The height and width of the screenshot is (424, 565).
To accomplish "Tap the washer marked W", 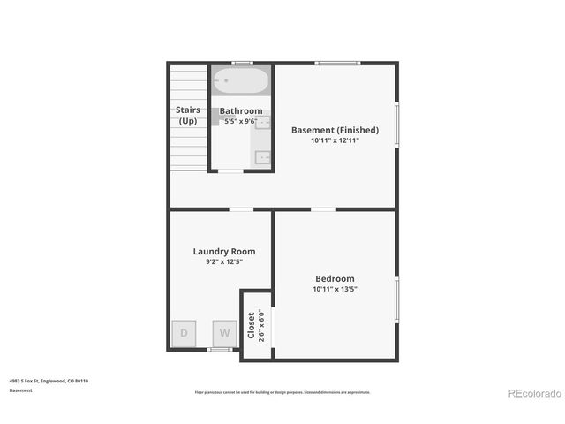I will coord(224,333).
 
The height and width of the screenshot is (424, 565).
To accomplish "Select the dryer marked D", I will coord(185,333).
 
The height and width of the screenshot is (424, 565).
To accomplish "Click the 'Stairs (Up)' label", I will coord(188,116).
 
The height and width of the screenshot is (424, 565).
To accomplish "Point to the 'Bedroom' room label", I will coord(335,278).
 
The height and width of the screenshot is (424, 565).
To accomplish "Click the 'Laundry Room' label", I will coord(223,252).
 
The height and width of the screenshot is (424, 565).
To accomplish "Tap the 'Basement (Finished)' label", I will coord(335,130).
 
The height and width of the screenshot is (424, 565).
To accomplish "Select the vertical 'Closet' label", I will coord(251,324).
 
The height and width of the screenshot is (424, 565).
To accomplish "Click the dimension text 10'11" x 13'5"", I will coord(335,289).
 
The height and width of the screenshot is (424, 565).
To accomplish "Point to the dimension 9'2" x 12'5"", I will coord(223,262).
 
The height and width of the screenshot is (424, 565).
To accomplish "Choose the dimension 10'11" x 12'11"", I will coord(335,140).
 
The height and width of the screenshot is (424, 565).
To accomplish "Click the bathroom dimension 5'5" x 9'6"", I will coord(239,121).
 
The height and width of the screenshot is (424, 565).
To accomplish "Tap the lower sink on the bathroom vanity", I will coord(262,157).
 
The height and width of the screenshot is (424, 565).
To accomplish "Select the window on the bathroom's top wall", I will coord(241,63).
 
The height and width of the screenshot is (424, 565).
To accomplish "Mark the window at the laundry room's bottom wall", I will coord(219,350).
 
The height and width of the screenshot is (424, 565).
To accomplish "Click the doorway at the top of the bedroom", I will coord(323,209).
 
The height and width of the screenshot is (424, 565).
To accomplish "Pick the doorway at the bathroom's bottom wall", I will coord(230,171).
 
